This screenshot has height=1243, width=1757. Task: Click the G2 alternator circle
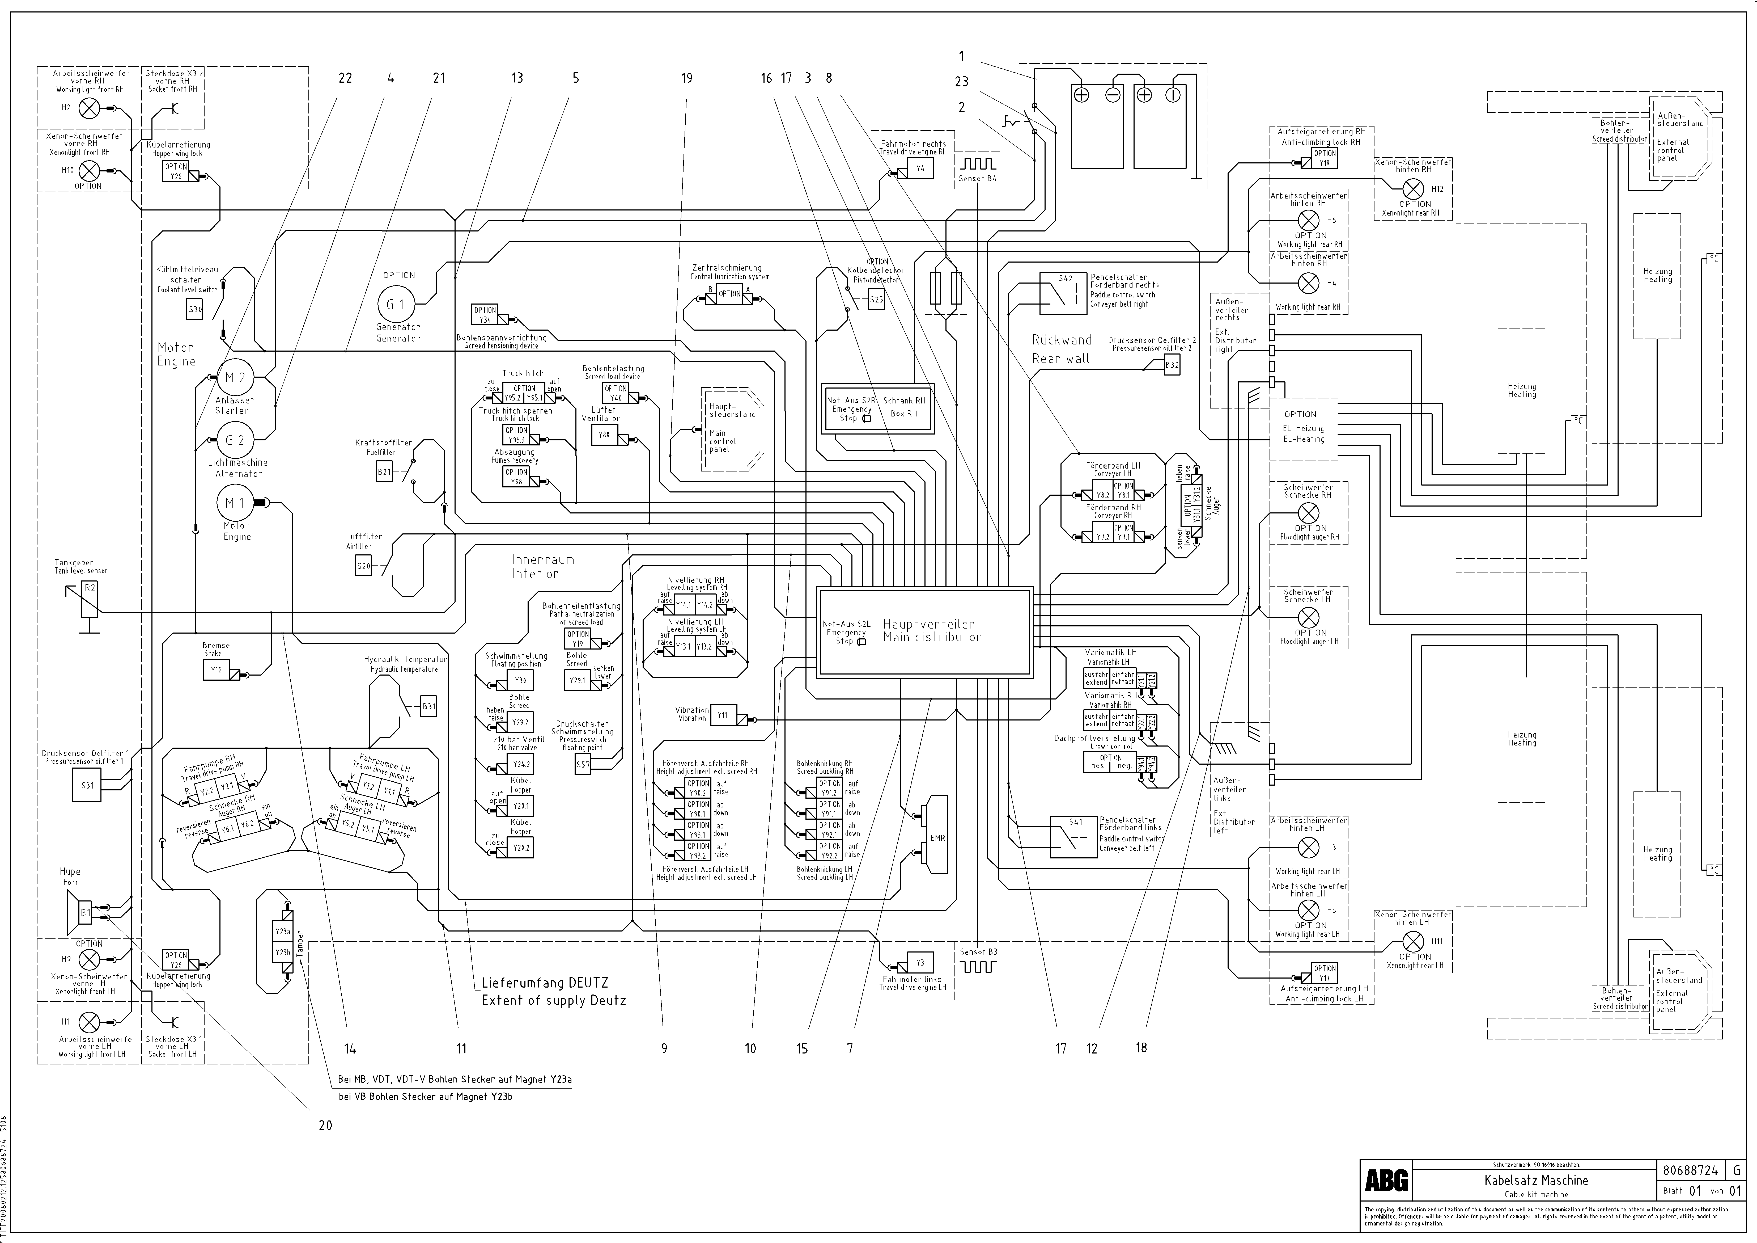[x=235, y=440]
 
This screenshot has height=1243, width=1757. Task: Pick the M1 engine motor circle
[x=235, y=503]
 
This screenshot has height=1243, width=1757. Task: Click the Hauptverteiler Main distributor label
[x=931, y=631]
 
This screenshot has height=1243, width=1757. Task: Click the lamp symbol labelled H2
[x=90, y=108]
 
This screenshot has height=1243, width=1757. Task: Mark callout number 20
[x=325, y=1125]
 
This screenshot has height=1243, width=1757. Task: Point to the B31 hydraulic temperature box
[x=428, y=706]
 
